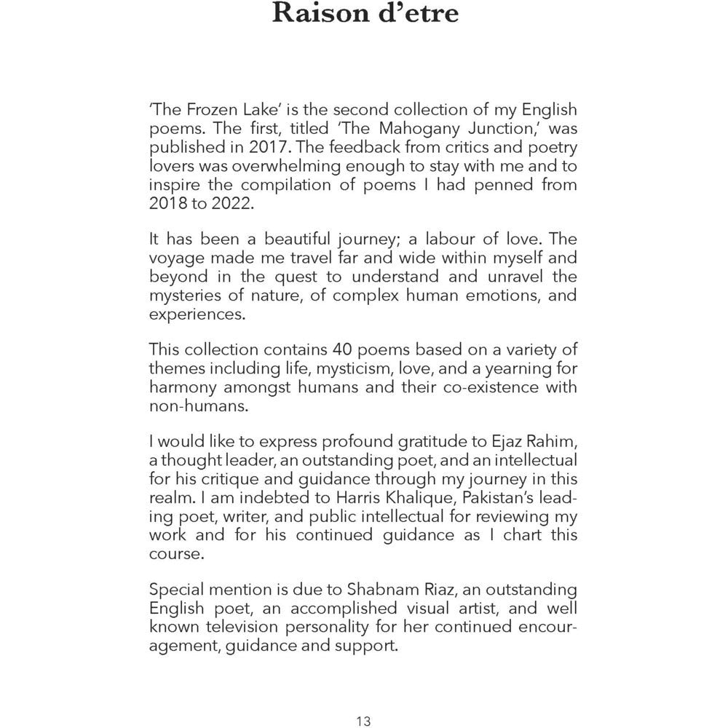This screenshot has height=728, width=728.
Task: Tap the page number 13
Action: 364,721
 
